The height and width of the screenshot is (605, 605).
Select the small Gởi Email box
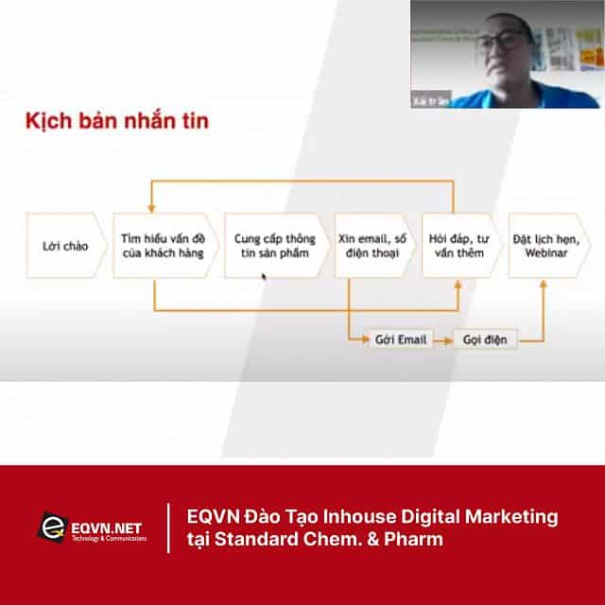tap(399, 338)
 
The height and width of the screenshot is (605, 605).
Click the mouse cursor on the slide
tap(264, 277)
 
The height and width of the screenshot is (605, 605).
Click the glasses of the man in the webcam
tap(502, 43)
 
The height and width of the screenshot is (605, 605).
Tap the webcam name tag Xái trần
tap(437, 96)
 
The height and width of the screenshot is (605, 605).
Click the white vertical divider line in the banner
tap(168, 529)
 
